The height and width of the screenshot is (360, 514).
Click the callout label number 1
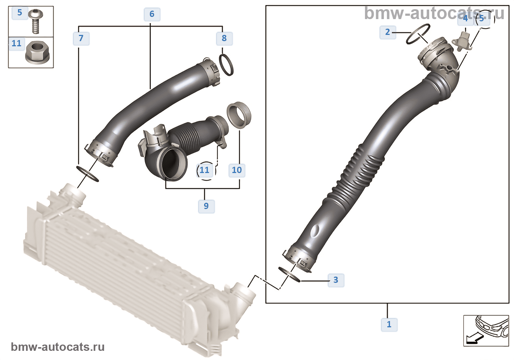pyautogui.click(x=389, y=324)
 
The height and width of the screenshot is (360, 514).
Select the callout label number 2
pyautogui.click(x=388, y=32)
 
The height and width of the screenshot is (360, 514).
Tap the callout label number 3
pyautogui.click(x=336, y=280)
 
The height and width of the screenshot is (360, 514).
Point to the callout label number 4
pyautogui.click(x=466, y=18)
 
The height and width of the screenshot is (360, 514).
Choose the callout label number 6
pyautogui.click(x=152, y=14)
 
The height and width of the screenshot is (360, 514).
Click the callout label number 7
pyautogui.click(x=81, y=38)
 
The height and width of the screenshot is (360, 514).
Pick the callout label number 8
pyautogui.click(x=224, y=38)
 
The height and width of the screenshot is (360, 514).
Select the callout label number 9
pyautogui.click(x=206, y=206)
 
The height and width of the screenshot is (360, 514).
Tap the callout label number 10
pyautogui.click(x=237, y=170)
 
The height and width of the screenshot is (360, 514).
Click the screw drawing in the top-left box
pyautogui.click(x=36, y=21)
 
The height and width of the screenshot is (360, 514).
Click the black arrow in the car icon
pyautogui.click(x=474, y=339)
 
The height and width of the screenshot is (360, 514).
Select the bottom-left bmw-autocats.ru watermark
pyautogui.click(x=58, y=347)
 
